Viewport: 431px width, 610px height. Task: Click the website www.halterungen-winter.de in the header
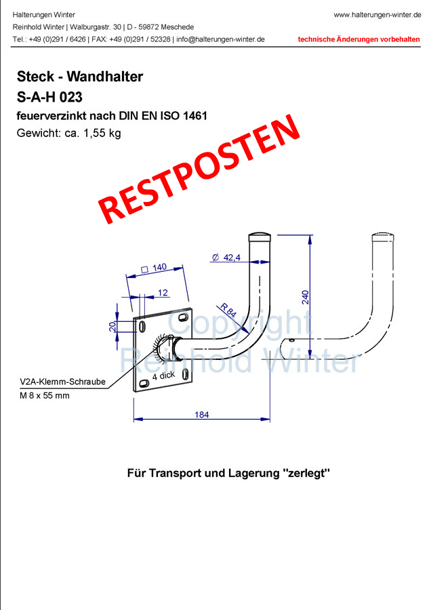(377, 14)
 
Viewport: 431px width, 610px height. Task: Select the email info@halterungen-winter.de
(220, 39)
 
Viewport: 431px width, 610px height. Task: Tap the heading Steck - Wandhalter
(80, 77)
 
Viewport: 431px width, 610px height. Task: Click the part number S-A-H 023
(49, 96)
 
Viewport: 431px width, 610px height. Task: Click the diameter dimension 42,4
(231, 258)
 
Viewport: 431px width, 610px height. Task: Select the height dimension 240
(305, 296)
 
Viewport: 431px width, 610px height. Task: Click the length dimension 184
(201, 414)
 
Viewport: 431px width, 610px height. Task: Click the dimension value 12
(163, 292)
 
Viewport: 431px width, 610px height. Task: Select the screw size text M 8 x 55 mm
(45, 395)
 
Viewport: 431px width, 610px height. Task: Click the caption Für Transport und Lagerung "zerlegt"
(228, 472)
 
